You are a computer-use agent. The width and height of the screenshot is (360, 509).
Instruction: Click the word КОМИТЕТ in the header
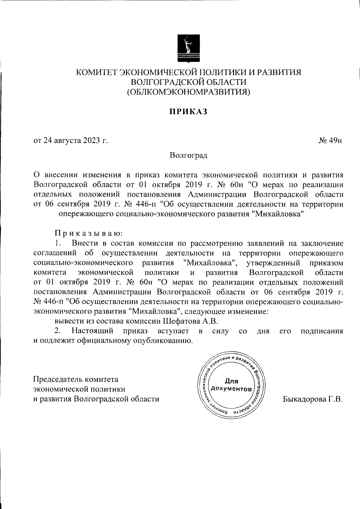coord(95,73)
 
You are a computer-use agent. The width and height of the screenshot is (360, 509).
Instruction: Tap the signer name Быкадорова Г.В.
coord(312,399)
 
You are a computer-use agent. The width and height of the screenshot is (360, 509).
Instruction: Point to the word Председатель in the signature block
coord(57,379)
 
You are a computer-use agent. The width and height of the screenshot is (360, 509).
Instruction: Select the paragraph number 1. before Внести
coord(58,243)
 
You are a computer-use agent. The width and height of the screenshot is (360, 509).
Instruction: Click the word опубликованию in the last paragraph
coord(163,341)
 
